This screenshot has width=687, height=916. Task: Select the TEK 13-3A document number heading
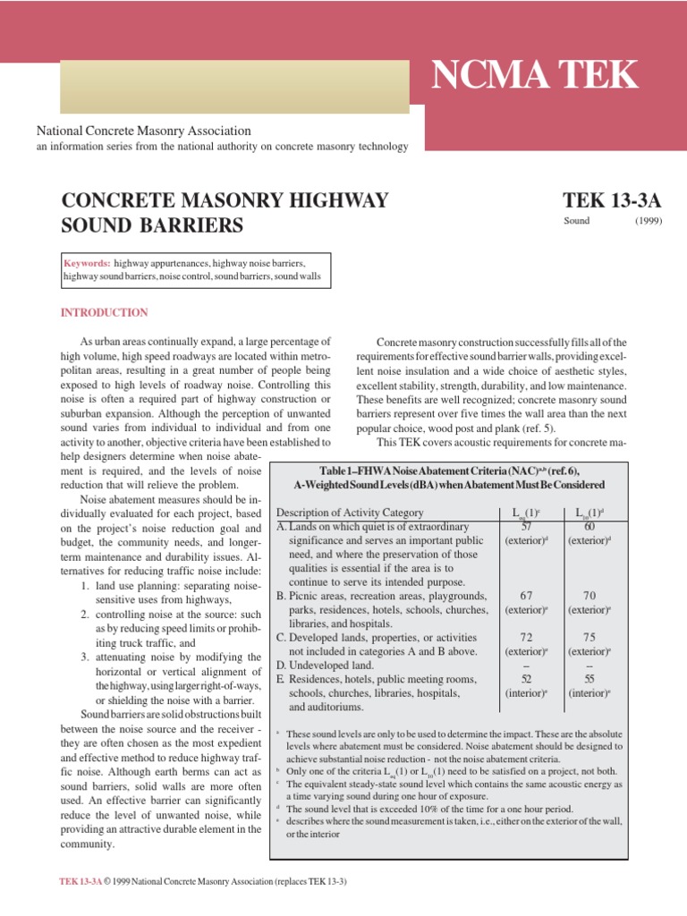click(612, 199)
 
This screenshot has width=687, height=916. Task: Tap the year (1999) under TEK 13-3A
click(649, 221)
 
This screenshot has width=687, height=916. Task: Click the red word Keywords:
click(87, 264)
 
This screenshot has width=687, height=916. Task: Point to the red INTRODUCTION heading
click(104, 312)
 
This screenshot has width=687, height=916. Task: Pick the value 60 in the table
click(588, 527)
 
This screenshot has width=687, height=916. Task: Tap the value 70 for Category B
click(589, 596)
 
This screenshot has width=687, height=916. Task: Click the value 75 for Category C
click(589, 637)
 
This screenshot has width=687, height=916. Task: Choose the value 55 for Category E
click(589, 679)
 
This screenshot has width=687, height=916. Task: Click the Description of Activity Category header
click(350, 513)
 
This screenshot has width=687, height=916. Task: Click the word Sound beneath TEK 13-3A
click(576, 221)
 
